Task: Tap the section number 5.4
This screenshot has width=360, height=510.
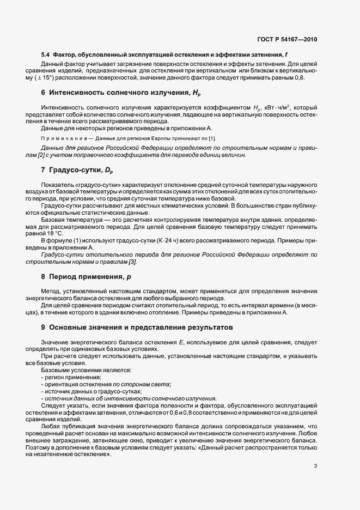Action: (x=46, y=55)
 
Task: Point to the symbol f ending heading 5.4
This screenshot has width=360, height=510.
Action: (x=286, y=55)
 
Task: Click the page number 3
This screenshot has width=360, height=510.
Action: (x=316, y=465)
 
